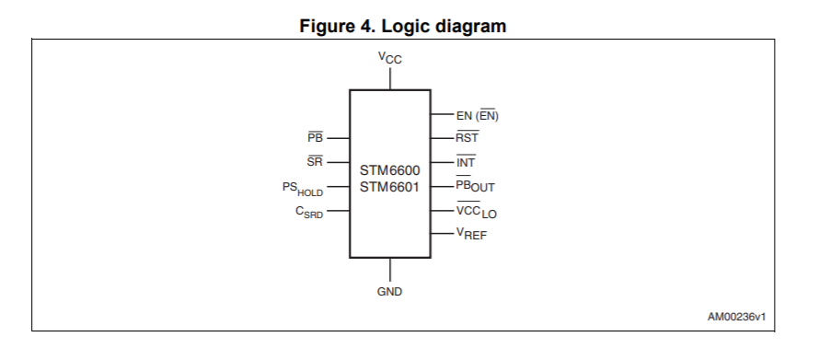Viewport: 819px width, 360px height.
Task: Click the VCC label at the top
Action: pos(389,58)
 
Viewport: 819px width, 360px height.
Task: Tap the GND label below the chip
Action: pos(389,292)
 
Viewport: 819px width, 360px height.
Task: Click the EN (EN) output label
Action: pos(477,116)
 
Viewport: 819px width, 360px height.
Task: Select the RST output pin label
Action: pos(467,138)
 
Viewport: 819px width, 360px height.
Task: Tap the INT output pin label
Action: pos(465,162)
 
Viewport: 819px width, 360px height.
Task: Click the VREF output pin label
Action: pos(472,235)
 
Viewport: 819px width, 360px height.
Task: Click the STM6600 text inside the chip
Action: pos(389,171)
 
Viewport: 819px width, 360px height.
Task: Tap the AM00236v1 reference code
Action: pos(736,317)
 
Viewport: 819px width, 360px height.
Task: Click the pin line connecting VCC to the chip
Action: pos(389,77)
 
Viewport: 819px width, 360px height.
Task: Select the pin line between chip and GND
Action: pos(389,270)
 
